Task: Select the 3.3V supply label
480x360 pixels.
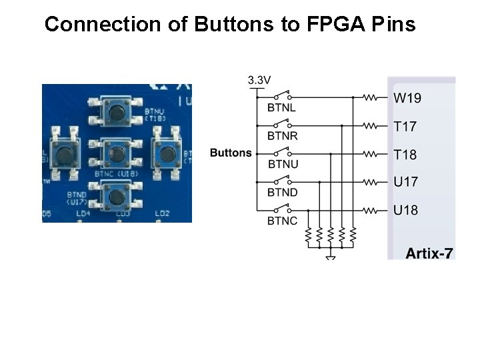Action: pyautogui.click(x=259, y=80)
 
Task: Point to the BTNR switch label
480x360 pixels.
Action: pyautogui.click(x=283, y=135)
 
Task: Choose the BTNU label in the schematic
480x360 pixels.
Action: pyautogui.click(x=283, y=164)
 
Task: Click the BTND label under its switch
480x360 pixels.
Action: pyautogui.click(x=283, y=192)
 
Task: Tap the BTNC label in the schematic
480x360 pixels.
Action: pyautogui.click(x=283, y=221)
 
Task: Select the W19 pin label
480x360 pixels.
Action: pyautogui.click(x=407, y=98)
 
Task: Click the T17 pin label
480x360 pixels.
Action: pyautogui.click(x=405, y=125)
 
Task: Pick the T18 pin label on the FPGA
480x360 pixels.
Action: pyautogui.click(x=405, y=155)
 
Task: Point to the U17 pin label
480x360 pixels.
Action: pyautogui.click(x=405, y=181)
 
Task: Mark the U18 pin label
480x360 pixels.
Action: pyautogui.click(x=405, y=211)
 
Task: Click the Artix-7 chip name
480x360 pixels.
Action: pyautogui.click(x=429, y=253)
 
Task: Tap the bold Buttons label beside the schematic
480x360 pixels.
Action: pyautogui.click(x=231, y=153)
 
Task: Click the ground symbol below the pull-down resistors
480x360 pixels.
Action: pyautogui.click(x=331, y=255)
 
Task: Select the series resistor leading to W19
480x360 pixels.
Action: pyautogui.click(x=371, y=97)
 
